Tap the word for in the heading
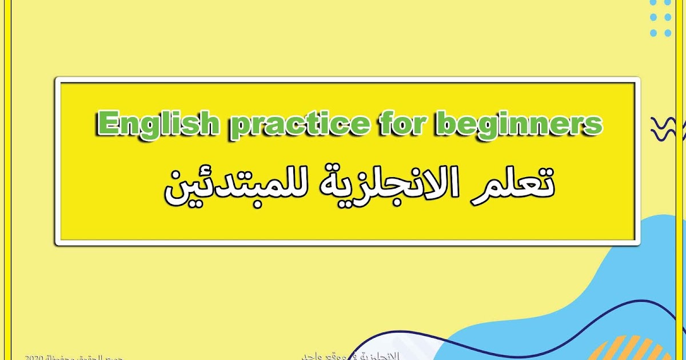404,123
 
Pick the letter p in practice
241,127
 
